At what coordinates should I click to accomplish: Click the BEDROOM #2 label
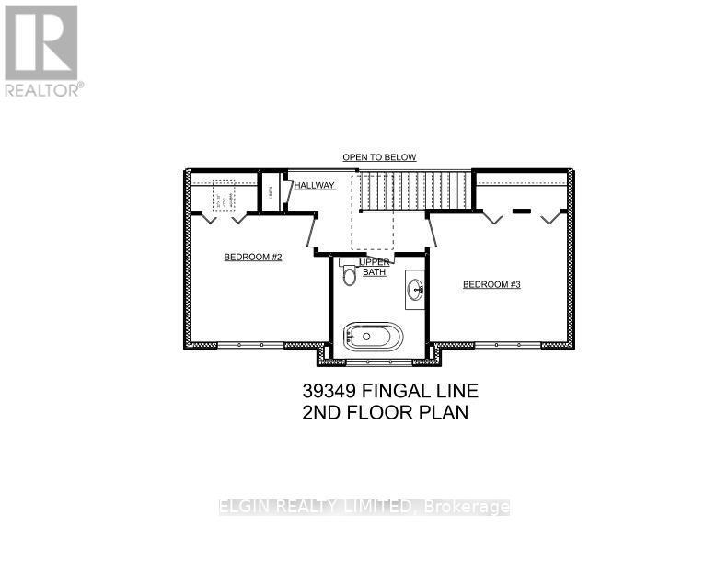(252, 258)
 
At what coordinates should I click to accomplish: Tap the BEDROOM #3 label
(491, 285)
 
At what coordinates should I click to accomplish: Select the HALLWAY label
(314, 186)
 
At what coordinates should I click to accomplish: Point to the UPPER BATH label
(373, 267)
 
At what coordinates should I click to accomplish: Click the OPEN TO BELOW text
(379, 157)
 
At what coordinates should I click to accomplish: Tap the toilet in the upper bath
(349, 275)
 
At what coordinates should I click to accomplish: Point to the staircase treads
(414, 190)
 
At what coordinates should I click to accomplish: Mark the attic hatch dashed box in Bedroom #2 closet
(224, 197)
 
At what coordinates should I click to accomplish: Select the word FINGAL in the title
(405, 392)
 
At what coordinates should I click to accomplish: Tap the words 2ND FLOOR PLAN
(385, 412)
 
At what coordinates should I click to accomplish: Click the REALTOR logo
(42, 51)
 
